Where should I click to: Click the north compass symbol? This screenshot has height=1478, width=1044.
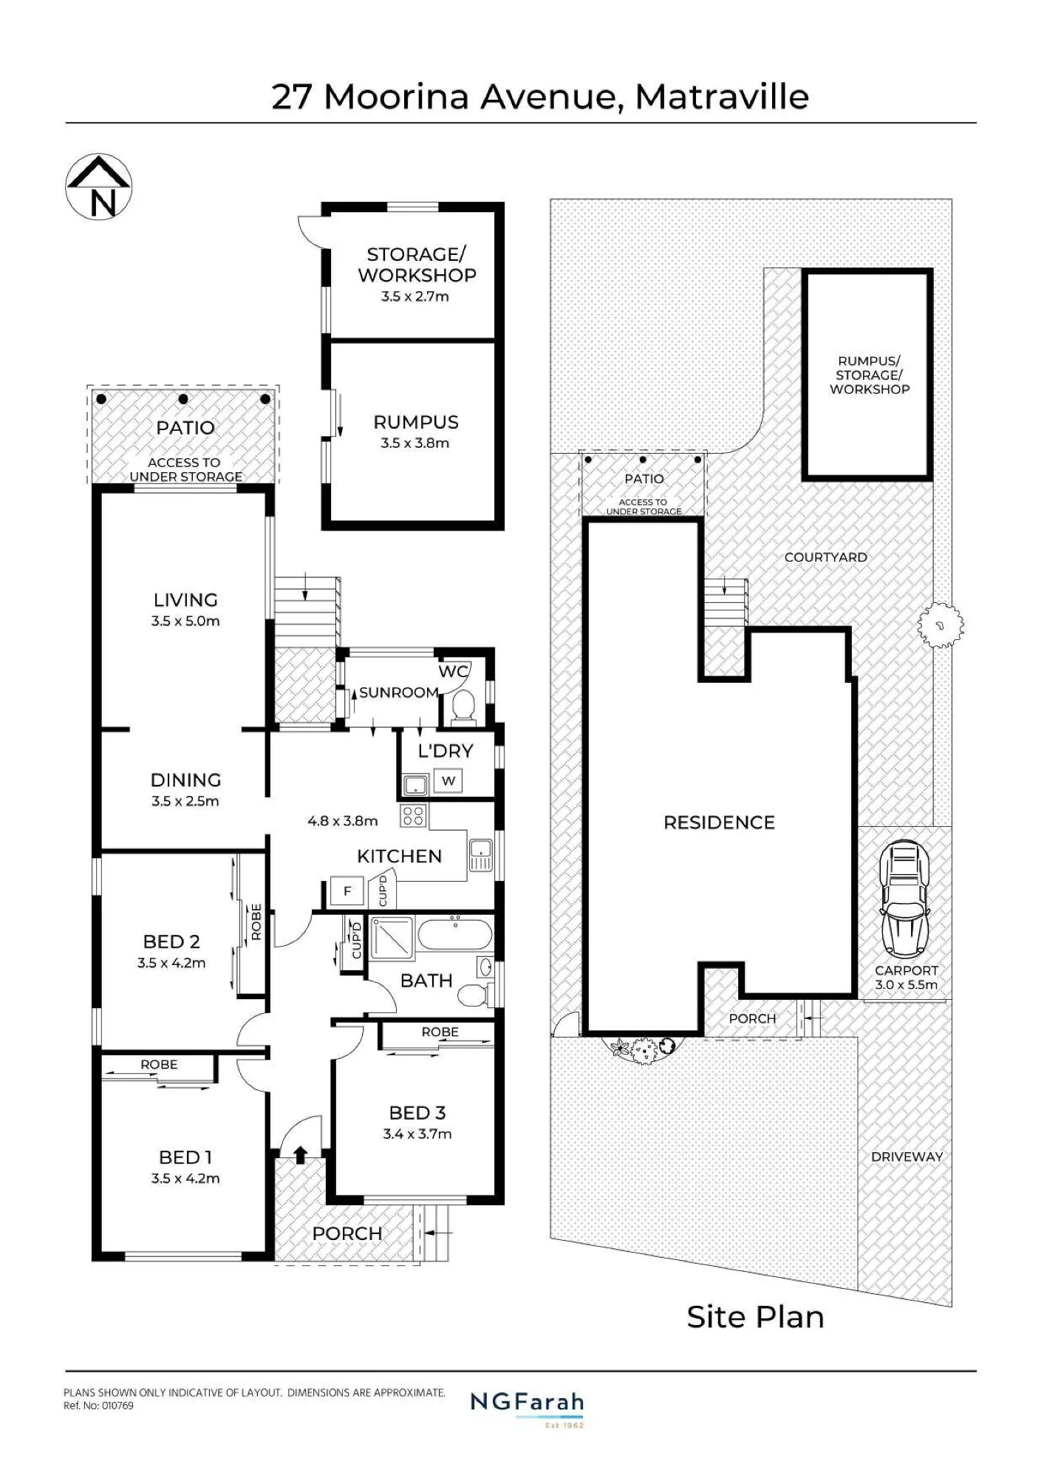coord(99,187)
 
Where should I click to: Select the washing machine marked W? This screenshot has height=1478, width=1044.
coord(448,781)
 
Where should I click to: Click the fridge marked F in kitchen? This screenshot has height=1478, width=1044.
coord(347,891)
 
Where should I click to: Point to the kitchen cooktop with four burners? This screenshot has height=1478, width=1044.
coord(414,816)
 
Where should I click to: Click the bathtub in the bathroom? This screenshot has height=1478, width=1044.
coord(455,934)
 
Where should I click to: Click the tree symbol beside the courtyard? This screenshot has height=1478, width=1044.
coord(940,625)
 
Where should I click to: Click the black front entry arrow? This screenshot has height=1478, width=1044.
coord(300,1154)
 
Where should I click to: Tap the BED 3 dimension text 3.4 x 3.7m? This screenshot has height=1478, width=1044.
coord(417,1134)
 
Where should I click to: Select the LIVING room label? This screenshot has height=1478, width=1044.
coord(185,600)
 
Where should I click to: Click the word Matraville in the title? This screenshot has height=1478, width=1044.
coord(722,97)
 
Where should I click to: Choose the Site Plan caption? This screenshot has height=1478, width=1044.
coord(755,1318)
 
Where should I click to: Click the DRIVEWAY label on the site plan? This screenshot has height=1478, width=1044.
coord(907,1157)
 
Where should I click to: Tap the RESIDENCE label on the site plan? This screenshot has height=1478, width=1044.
coord(719,823)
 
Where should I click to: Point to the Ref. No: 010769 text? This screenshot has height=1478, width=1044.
coord(98,1406)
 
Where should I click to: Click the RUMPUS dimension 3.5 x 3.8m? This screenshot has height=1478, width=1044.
coord(414,443)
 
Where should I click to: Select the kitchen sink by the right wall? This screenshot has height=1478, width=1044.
coord(480,855)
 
